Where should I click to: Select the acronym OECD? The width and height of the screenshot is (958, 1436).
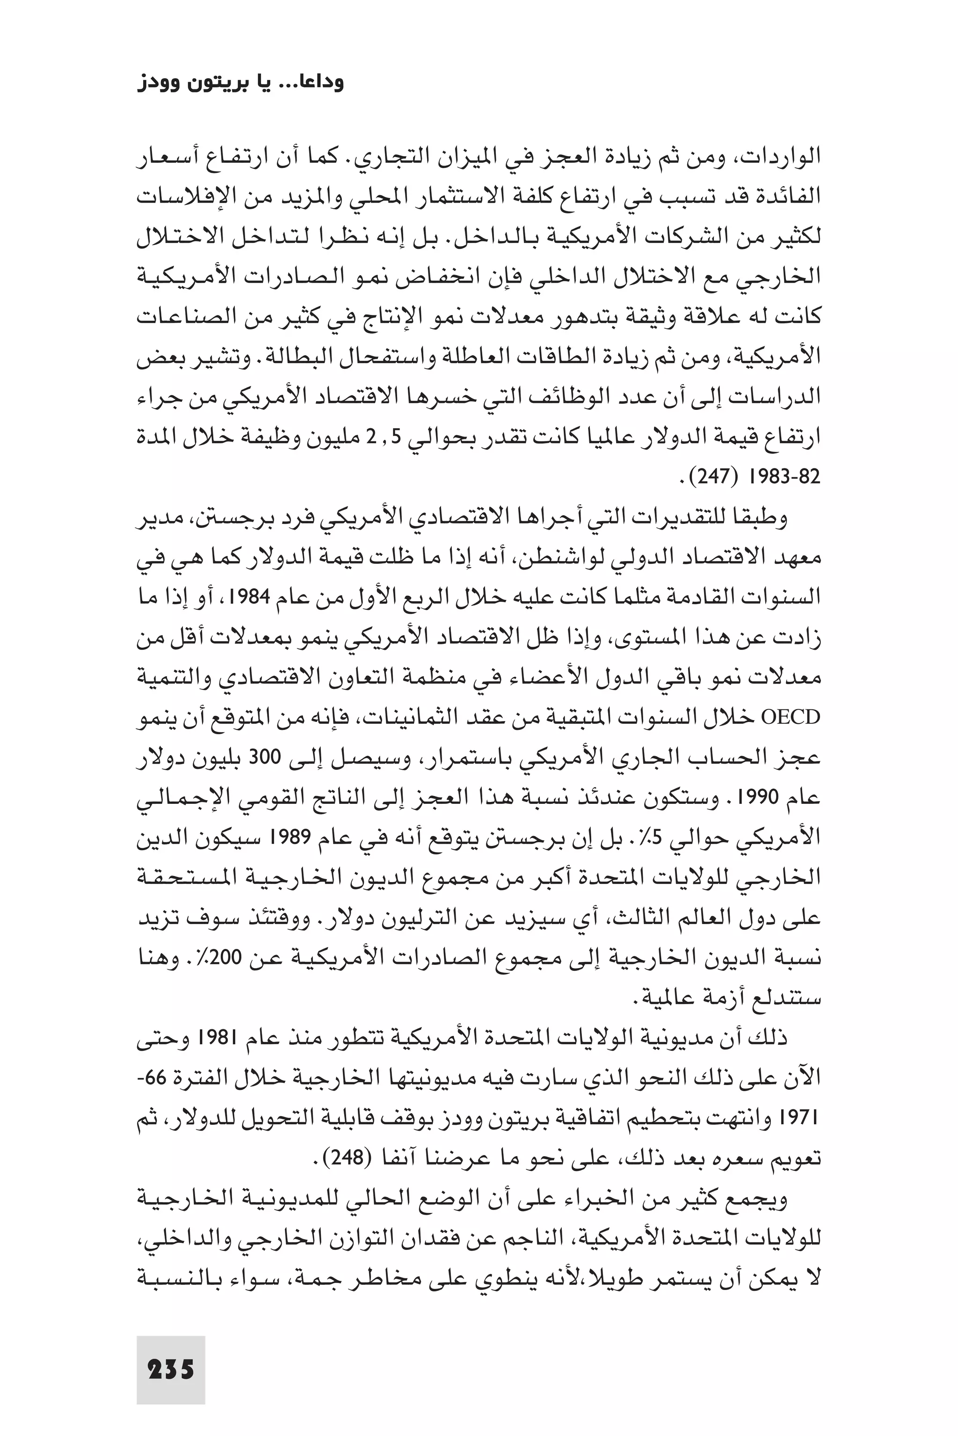pyautogui.click(x=791, y=717)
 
